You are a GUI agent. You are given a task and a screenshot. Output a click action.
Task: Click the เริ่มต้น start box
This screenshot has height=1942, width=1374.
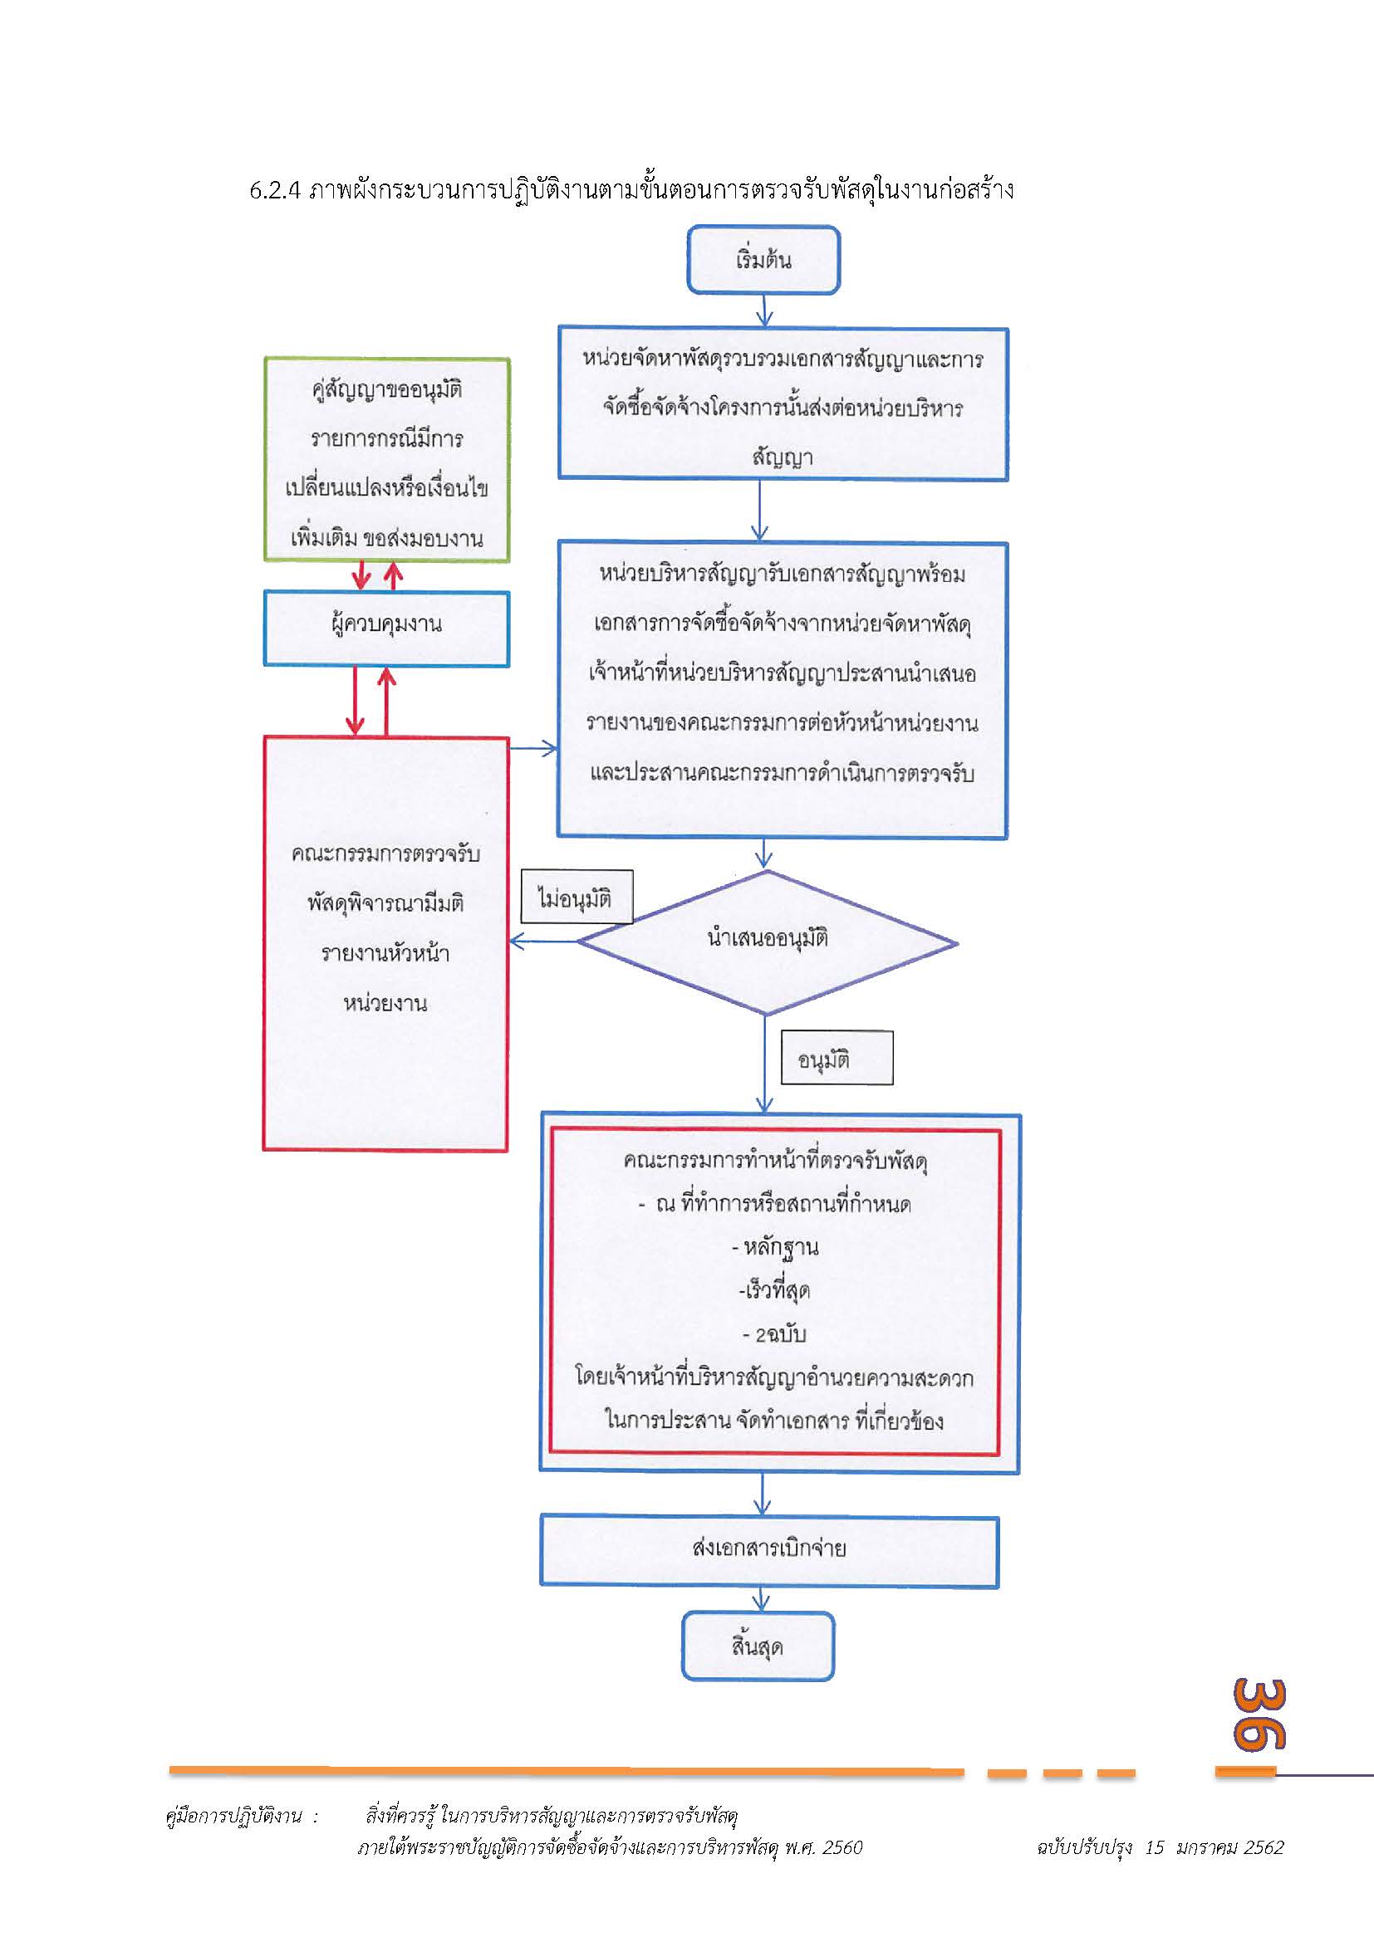tap(763, 260)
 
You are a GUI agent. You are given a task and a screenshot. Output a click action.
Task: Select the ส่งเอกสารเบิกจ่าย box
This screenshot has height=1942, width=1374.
tap(769, 1548)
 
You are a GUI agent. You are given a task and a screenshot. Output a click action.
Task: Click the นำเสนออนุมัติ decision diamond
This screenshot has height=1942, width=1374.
tap(767, 941)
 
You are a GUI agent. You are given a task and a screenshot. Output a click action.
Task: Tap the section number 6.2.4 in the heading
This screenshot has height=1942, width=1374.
tap(275, 190)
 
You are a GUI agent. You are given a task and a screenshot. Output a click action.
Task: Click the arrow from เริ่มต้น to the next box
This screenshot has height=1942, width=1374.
tap(764, 311)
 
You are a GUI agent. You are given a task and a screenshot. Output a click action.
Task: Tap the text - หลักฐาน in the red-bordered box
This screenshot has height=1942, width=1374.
tap(775, 1248)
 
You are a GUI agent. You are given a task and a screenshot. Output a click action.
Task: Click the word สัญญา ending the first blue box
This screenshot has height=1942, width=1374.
tap(783, 457)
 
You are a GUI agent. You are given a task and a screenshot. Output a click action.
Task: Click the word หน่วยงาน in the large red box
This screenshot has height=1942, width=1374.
tap(385, 1003)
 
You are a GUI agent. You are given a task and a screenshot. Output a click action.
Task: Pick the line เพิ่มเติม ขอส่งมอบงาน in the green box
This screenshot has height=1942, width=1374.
tap(386, 539)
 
